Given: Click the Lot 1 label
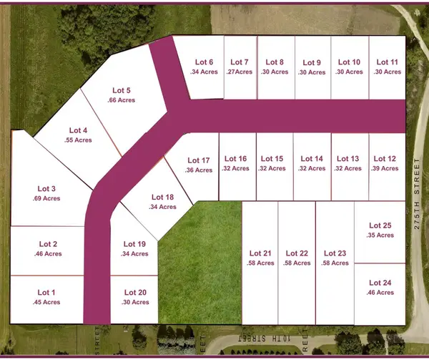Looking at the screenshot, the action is tap(46, 292).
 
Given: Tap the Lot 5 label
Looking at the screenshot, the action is tap(122, 90).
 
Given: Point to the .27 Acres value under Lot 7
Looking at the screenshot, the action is tap(236, 72).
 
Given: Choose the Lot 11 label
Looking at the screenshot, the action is tap(387, 62).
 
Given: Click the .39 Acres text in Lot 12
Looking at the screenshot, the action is tap(385, 168).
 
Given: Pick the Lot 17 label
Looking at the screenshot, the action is tap(199, 160).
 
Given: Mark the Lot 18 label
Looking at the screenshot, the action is tap(163, 197).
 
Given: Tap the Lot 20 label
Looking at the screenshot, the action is tap(135, 292).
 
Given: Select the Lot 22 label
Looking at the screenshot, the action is tap(297, 253).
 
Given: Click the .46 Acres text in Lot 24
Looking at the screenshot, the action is tap(380, 292).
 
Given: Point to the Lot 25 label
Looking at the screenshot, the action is tap(380, 225).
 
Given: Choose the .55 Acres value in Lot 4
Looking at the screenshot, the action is tap(78, 140).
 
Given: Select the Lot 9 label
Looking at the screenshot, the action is tap(312, 62).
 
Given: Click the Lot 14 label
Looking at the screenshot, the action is tap(312, 159).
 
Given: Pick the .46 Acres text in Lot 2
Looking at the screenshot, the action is tap(46, 254).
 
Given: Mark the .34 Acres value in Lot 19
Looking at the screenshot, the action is tap(135, 254).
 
